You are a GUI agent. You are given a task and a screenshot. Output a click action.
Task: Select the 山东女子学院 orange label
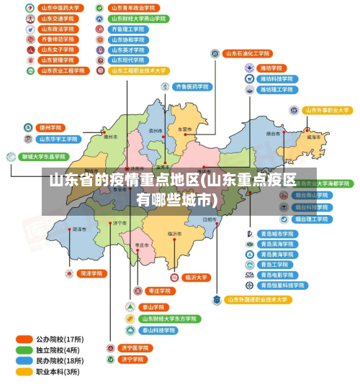[58, 50]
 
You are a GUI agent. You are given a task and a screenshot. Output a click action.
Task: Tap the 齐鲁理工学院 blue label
[128, 29]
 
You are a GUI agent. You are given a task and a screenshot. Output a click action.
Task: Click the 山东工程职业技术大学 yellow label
[139, 71]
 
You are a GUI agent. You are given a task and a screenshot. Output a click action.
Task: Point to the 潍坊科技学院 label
[276, 78]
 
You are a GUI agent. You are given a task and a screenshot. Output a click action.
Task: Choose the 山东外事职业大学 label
[326, 111]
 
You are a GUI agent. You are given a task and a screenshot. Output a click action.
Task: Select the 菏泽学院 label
[93, 274]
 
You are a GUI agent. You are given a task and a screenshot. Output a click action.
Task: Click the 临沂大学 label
[196, 277]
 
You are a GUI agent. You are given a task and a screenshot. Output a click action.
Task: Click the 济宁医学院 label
[134, 348]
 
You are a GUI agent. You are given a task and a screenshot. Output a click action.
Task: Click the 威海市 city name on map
[313, 136]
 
